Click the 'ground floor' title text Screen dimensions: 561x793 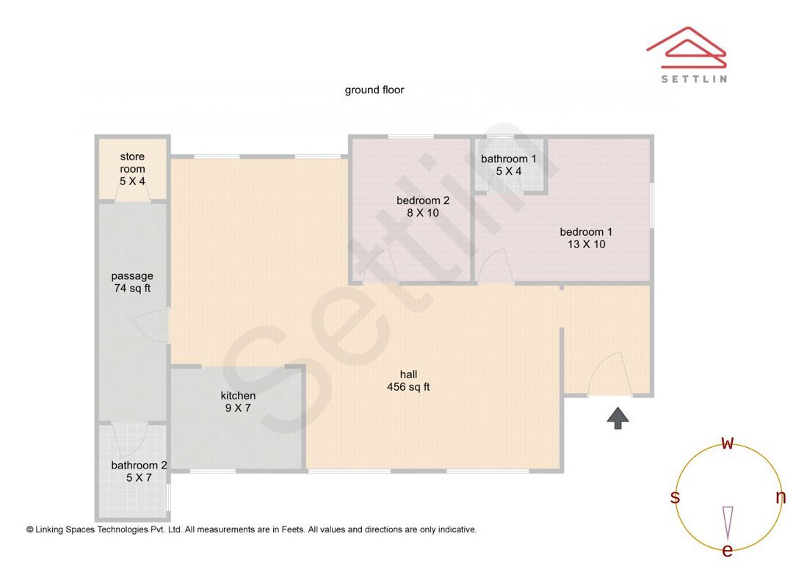point(374,90)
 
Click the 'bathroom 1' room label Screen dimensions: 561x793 point(508,159)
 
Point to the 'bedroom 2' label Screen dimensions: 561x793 point(422,200)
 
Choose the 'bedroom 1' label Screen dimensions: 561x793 point(586,232)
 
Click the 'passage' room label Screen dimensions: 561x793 point(132,276)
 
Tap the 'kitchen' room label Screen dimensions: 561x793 point(238,396)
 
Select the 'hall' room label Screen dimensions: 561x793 point(408,374)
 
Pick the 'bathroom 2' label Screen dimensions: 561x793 point(139,465)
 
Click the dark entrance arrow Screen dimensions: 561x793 point(618,419)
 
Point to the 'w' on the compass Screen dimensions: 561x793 point(728,444)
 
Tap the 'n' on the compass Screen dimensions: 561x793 point(781,497)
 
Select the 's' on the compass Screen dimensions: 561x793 point(675,497)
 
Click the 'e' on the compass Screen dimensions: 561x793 point(728,550)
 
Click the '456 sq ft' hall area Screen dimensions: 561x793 point(408,387)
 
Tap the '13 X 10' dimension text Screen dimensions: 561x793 point(586,245)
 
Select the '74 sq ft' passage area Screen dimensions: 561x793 point(132,289)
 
